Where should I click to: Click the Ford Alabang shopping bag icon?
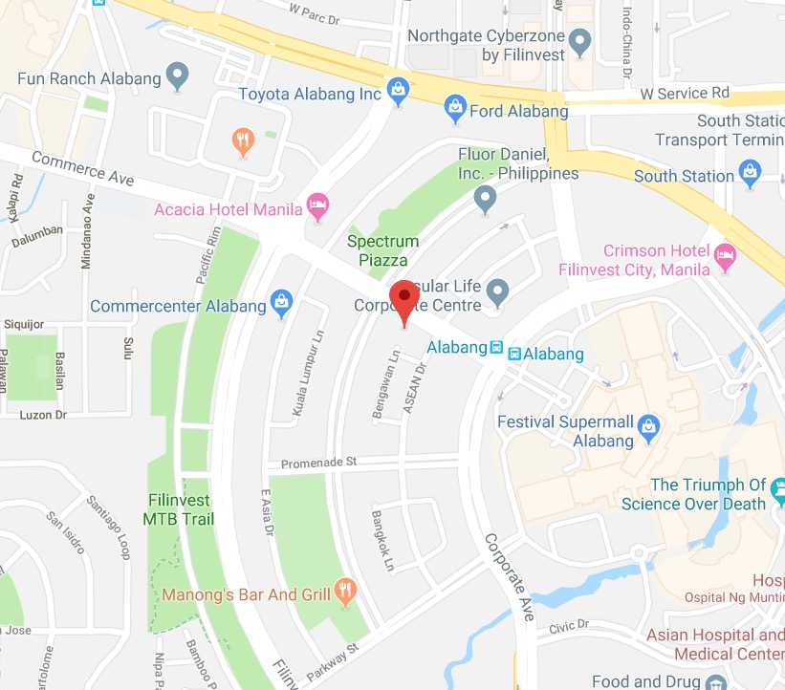(456, 110)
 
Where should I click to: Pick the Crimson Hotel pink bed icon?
(726, 253)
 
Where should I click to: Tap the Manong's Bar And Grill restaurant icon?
(345, 593)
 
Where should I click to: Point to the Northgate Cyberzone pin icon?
(578, 42)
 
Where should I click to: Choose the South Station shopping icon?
(749, 175)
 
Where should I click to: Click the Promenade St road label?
(318, 463)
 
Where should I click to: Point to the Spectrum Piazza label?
(382, 250)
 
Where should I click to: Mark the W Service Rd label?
(685, 94)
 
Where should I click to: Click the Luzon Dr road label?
(38, 415)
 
